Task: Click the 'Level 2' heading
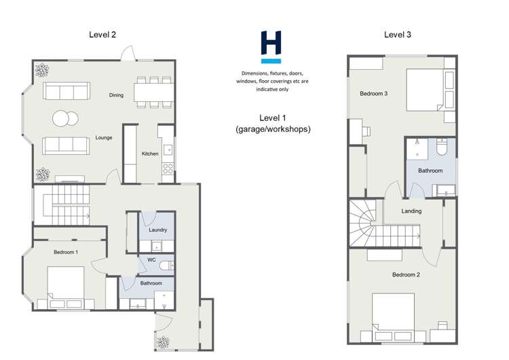(103, 34)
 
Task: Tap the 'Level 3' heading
(397, 34)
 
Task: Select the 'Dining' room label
(116, 95)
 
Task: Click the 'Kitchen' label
(150, 154)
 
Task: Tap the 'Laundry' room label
(157, 230)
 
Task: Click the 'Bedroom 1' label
(66, 252)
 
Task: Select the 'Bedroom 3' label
(373, 94)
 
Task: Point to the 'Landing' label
(411, 211)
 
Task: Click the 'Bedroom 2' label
(406, 275)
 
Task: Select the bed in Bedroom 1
(66, 284)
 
